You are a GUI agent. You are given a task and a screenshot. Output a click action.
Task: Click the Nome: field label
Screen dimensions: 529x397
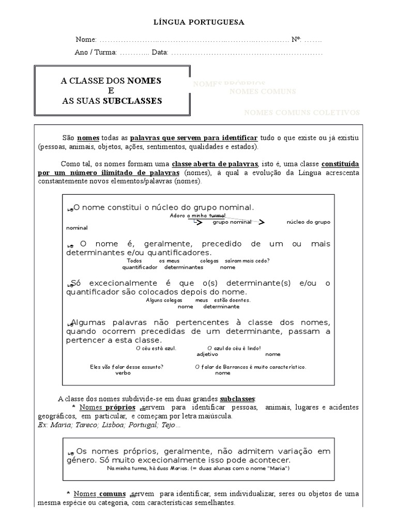pos(86,40)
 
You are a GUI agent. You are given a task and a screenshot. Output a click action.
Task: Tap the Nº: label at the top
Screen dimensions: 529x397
pos(297,40)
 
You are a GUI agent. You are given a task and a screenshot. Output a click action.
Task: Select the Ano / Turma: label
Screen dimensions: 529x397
pos(96,53)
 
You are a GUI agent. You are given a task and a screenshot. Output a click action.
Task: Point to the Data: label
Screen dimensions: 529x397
pos(160,53)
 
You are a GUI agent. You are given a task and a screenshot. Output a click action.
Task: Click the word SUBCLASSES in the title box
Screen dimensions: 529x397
pos(132,101)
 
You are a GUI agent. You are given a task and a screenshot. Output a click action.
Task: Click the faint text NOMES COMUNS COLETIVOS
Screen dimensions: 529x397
pos(302,113)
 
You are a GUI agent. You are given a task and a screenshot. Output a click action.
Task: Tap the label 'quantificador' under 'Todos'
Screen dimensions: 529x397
pos(140,267)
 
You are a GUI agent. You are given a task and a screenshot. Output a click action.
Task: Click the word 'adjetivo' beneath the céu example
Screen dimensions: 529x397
pos(208,354)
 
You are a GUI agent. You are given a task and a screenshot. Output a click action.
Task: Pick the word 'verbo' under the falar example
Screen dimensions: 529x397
pos(123,372)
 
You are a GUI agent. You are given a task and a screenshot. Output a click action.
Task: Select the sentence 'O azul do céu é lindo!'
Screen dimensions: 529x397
pos(234,348)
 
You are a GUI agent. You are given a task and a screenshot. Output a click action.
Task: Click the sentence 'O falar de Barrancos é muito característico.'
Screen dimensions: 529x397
pos(251,367)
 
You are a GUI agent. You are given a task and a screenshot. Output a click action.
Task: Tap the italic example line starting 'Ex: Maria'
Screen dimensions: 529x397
pos(109,425)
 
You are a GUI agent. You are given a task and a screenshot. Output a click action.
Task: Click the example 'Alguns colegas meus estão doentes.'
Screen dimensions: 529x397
pos(198,300)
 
